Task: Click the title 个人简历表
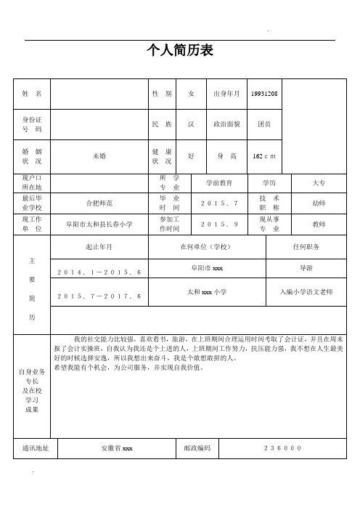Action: pyautogui.click(x=179, y=50)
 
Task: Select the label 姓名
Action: pyautogui.click(x=32, y=94)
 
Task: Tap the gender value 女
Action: pyautogui.click(x=191, y=94)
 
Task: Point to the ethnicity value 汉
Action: pyautogui.click(x=191, y=124)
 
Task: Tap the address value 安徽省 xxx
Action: pyautogui.click(x=116, y=448)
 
